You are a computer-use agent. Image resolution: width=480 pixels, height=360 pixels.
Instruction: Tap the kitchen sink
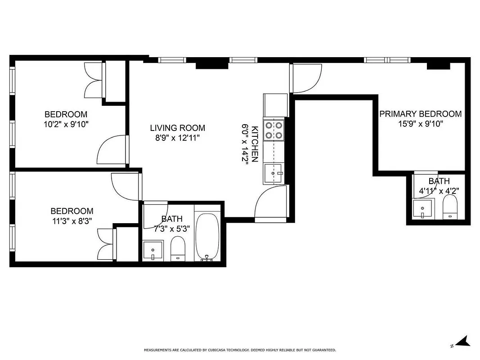tap(274, 173)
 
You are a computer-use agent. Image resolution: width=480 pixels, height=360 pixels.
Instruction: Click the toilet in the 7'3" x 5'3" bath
tap(178, 249)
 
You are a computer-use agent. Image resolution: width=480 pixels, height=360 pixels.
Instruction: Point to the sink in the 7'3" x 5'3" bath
tap(153, 250)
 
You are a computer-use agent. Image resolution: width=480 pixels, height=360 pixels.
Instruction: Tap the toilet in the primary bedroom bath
tap(450, 209)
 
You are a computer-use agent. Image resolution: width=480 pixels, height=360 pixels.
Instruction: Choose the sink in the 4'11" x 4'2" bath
tap(423, 209)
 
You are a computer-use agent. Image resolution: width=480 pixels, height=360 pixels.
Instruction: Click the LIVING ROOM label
tap(178, 128)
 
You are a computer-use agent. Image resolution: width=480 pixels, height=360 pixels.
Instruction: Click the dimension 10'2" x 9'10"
tap(66, 124)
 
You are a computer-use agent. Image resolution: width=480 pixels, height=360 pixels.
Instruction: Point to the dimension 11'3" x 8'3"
tap(72, 221)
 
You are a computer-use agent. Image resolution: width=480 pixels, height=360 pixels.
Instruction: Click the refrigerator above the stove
tap(275, 105)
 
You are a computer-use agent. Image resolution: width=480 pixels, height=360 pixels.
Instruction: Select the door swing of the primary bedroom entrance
tap(307, 78)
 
